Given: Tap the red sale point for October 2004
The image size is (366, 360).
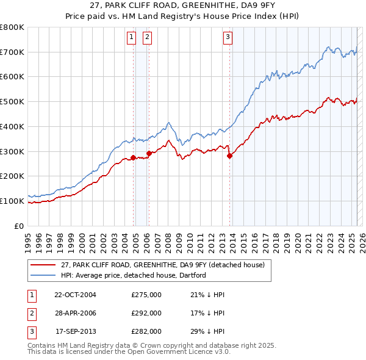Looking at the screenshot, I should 133,157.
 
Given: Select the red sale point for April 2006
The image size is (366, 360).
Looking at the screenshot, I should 149,153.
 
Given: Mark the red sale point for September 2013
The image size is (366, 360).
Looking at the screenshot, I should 229,156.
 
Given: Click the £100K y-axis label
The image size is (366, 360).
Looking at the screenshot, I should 12,201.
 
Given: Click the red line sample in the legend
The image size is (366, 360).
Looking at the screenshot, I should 43,265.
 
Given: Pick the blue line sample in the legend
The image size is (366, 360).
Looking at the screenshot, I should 43,275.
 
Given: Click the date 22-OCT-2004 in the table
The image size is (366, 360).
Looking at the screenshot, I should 75,295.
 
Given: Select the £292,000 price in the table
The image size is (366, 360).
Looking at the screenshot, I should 146,313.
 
